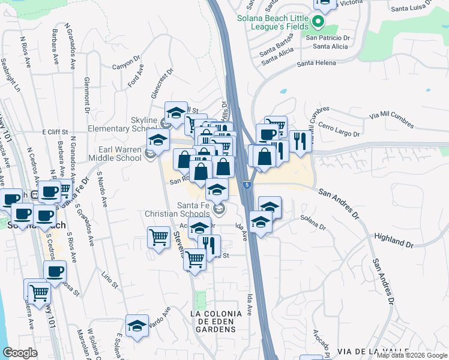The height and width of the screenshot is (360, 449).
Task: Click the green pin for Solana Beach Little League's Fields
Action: (319, 23)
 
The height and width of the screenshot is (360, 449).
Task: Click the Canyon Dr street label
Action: (125, 63)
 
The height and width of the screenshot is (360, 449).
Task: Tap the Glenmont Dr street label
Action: (87, 95)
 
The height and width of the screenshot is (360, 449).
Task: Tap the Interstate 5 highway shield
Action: (246, 185)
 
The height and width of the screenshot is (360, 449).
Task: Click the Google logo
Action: (20, 353)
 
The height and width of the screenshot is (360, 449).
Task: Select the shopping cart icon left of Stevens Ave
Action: (158, 237)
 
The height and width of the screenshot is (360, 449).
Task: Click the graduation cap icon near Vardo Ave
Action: (137, 325)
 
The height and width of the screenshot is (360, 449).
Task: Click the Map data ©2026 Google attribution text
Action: (412, 355)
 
